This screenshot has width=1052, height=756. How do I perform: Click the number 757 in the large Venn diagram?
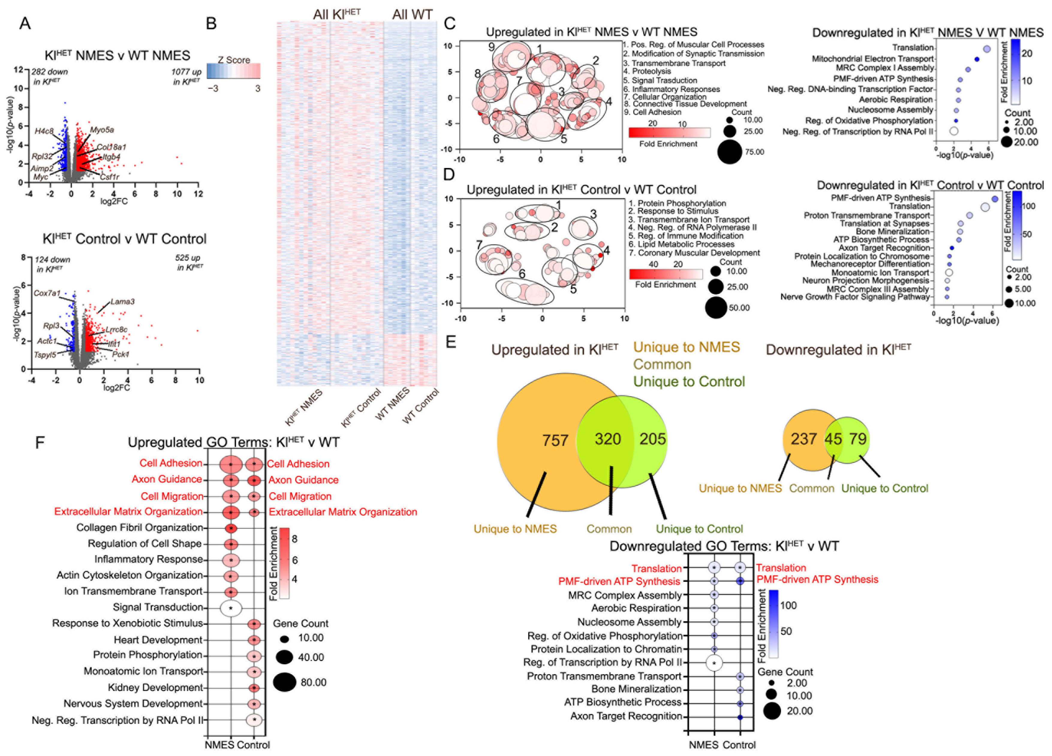click(x=555, y=440)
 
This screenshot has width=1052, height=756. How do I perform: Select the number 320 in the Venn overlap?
click(x=608, y=438)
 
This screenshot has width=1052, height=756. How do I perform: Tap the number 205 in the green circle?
click(x=653, y=438)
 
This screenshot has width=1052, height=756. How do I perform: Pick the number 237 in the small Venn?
click(x=803, y=438)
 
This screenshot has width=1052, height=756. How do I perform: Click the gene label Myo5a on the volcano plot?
click(x=102, y=130)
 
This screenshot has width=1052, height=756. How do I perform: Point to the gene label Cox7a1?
click(x=47, y=293)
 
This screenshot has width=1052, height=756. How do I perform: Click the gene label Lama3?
click(x=122, y=302)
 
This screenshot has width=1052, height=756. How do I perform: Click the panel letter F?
click(x=40, y=442)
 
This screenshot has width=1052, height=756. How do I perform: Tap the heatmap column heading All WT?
click(x=412, y=15)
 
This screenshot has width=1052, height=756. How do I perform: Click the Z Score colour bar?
click(x=233, y=71)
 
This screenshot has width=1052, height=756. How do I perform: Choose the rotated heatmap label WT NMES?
click(x=392, y=404)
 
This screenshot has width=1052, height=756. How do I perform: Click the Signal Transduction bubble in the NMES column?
click(x=231, y=608)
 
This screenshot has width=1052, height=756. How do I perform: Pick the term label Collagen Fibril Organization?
click(x=140, y=528)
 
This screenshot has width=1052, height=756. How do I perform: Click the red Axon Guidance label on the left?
click(x=166, y=479)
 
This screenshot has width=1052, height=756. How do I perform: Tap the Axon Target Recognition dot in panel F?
click(x=740, y=717)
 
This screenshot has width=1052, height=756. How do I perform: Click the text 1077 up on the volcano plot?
click(x=186, y=72)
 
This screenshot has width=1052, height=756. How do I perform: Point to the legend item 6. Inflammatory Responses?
click(x=671, y=89)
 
